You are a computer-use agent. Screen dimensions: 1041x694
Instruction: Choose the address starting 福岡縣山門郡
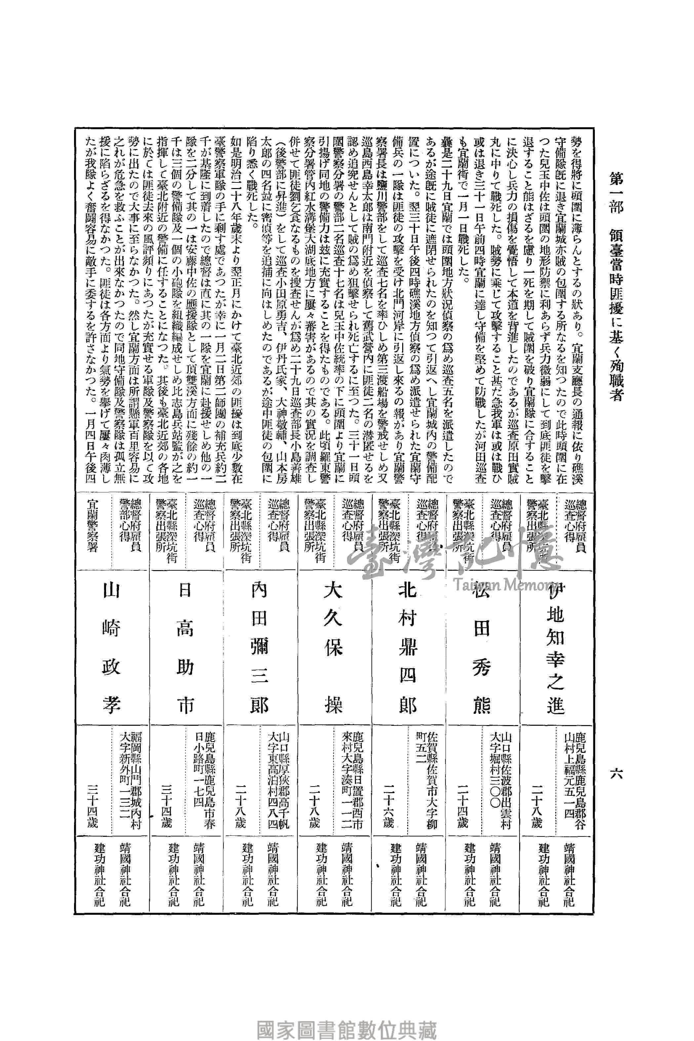coord(130,775)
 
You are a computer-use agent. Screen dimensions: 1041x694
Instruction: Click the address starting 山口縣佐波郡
coord(500,768)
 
